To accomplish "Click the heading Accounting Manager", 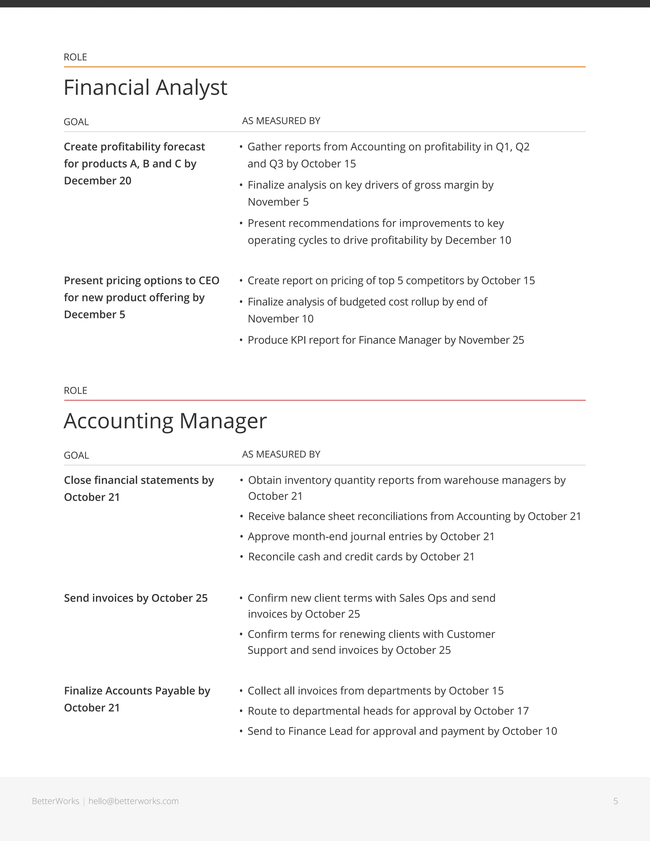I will (165, 421).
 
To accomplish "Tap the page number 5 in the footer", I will (615, 801).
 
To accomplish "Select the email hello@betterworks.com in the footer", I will (134, 801).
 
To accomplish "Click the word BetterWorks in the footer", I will (56, 801).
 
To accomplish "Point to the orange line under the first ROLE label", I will (324, 67).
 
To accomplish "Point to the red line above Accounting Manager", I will (324, 401).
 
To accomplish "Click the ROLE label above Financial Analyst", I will (75, 57).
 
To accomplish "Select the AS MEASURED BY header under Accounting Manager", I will (281, 454).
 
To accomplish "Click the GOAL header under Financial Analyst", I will (76, 122).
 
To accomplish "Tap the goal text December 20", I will (97, 181).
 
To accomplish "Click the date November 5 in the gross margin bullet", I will (278, 202).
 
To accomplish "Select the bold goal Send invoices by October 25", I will (136, 598).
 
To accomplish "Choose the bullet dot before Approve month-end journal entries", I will (241, 537).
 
